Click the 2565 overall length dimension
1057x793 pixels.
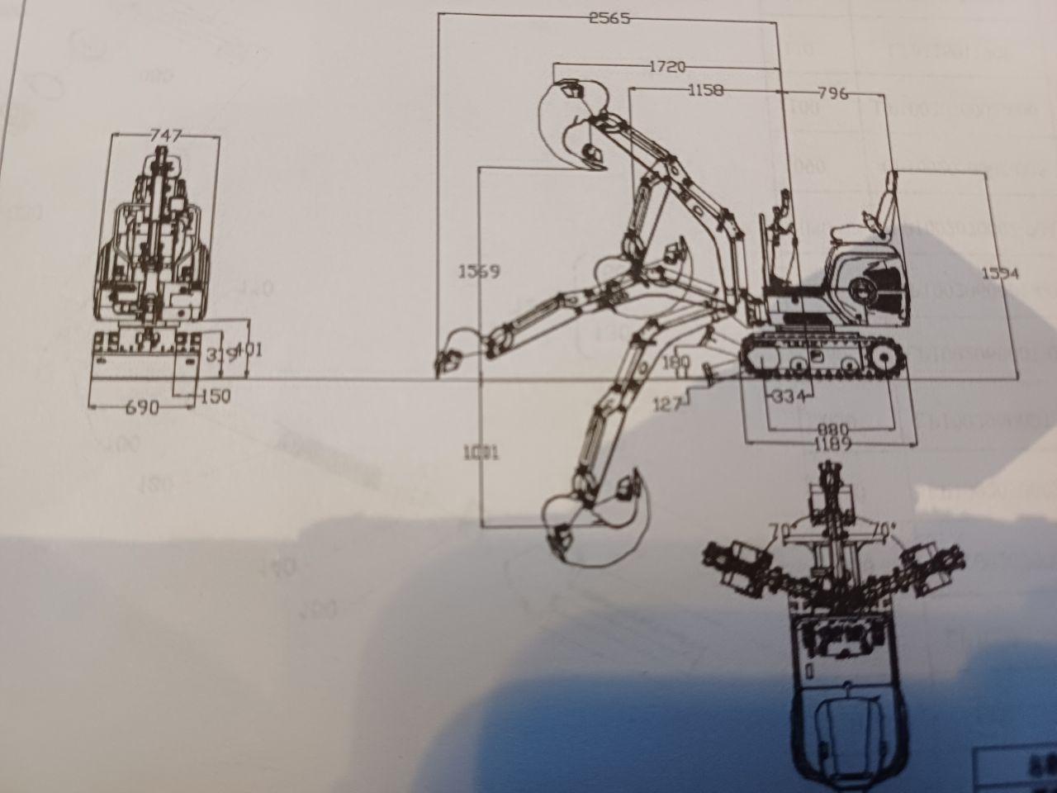pyautogui.click(x=609, y=18)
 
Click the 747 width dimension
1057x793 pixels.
pyautogui.click(x=165, y=135)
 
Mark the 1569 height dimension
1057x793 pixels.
pyautogui.click(x=480, y=271)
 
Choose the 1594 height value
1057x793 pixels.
pyautogui.click(x=1001, y=273)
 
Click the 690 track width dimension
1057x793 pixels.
pyautogui.click(x=143, y=407)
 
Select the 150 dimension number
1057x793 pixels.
pyautogui.click(x=214, y=396)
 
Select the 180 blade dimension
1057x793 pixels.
pyautogui.click(x=675, y=362)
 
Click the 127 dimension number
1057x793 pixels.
pyautogui.click(x=667, y=404)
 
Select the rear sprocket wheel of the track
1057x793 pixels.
pyautogui.click(x=882, y=361)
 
